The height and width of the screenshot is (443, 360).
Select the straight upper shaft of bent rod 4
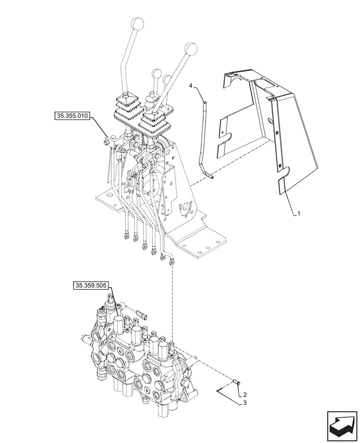click(x=205, y=128)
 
